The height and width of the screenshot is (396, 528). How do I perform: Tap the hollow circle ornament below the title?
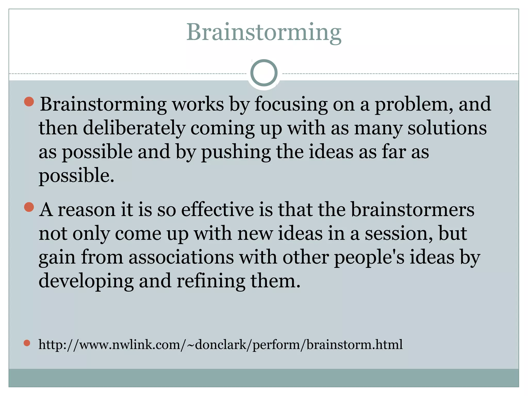264,73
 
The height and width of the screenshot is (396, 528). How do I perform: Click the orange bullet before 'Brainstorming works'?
29,102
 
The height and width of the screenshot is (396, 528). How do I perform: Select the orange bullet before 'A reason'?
29,207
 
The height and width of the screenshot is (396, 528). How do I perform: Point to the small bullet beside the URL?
27,343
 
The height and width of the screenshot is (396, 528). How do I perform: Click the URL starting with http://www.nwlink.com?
220,344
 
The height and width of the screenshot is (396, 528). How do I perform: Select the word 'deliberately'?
134,128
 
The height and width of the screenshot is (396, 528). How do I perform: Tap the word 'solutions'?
447,128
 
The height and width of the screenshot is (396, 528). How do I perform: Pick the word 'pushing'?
236,152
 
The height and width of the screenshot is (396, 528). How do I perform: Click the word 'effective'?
217,210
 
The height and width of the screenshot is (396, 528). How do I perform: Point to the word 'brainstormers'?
412,210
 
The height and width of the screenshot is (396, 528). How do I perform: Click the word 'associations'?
181,257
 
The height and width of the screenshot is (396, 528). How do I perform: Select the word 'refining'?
211,281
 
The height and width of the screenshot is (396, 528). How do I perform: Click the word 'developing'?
86,281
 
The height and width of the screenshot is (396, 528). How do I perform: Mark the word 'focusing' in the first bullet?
291,104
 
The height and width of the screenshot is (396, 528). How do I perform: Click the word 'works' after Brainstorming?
198,104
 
